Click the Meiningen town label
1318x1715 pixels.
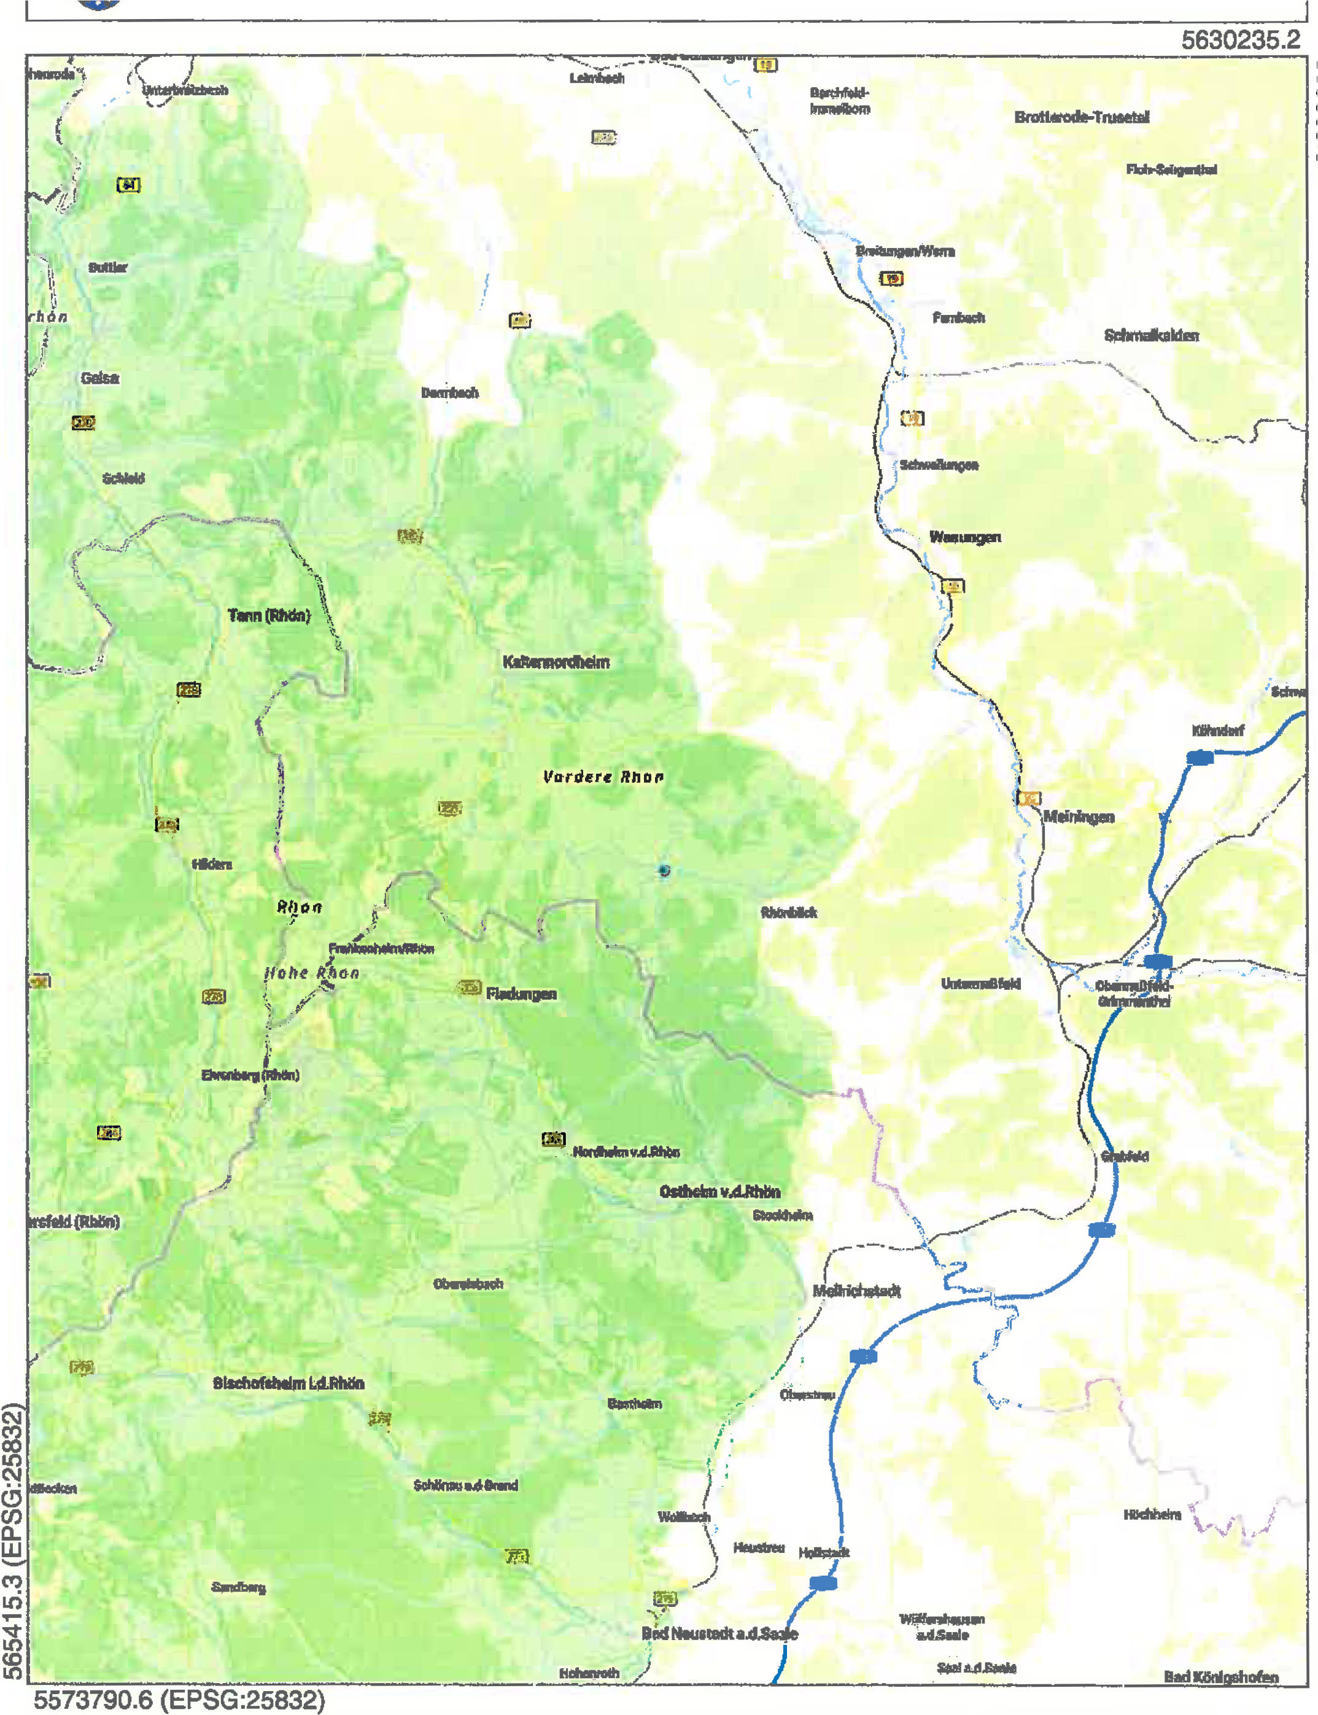click(1078, 817)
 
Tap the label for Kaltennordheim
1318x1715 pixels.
click(556, 662)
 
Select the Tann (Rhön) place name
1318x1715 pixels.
click(269, 615)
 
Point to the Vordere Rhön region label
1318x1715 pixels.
click(602, 777)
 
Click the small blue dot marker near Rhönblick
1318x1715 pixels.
click(664, 870)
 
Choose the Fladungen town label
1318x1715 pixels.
click(521, 994)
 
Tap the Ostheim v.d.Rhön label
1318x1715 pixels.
click(719, 1192)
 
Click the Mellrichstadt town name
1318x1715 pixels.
click(856, 1291)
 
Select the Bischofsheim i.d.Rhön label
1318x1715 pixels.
click(288, 1383)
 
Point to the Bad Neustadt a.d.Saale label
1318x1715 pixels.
click(719, 1633)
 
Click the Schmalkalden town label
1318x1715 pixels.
click(1151, 336)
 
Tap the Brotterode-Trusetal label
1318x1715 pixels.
click(1081, 118)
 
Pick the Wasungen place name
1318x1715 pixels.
click(964, 537)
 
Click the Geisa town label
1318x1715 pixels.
click(99, 378)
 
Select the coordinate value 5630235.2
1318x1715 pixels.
click(1240, 40)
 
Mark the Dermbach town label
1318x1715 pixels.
click(449, 392)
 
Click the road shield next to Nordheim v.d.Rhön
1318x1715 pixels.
click(553, 1139)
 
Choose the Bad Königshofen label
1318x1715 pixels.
click(1221, 1676)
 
